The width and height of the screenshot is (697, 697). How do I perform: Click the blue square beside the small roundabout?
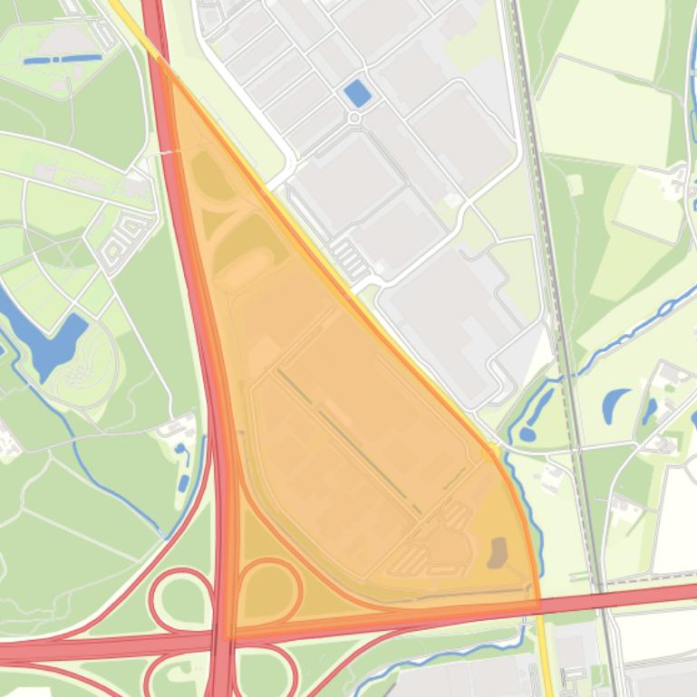pyautogui.click(x=358, y=92)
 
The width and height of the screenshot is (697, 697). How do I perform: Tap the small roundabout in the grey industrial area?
pyautogui.click(x=354, y=118)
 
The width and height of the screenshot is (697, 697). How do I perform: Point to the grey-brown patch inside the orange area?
pyautogui.click(x=497, y=551)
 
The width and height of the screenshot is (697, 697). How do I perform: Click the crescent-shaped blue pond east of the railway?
pyautogui.click(x=617, y=406)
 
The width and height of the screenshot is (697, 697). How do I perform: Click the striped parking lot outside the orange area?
pyautogui.click(x=349, y=261)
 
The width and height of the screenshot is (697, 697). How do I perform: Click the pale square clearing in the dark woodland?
pyautogui.click(x=648, y=207)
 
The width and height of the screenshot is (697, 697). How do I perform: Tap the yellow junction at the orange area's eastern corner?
pyautogui.click(x=493, y=450)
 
